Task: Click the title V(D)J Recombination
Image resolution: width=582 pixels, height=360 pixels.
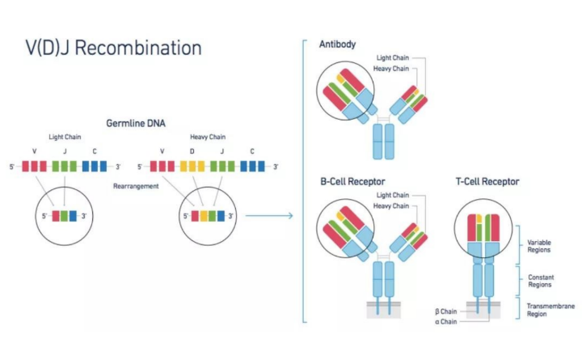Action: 112,48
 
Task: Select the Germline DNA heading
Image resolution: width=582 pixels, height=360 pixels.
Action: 136,123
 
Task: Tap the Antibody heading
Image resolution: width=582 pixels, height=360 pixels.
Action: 338,44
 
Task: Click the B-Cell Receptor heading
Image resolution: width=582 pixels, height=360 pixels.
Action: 352,181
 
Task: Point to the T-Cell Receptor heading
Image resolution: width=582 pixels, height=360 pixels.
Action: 487,181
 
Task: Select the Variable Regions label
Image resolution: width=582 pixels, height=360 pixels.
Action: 539,246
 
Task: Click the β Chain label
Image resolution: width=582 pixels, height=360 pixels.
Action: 446,311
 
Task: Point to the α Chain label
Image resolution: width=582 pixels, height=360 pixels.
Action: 446,322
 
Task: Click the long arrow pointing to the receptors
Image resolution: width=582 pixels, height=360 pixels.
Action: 268,216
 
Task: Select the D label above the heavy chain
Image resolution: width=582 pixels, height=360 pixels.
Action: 192,151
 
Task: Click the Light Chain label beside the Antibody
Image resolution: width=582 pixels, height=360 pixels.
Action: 394,57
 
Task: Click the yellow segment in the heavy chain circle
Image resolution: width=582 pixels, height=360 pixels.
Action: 204,216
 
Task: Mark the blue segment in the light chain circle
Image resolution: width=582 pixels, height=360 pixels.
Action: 73,216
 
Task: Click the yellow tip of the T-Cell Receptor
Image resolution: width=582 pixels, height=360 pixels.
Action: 479,218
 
